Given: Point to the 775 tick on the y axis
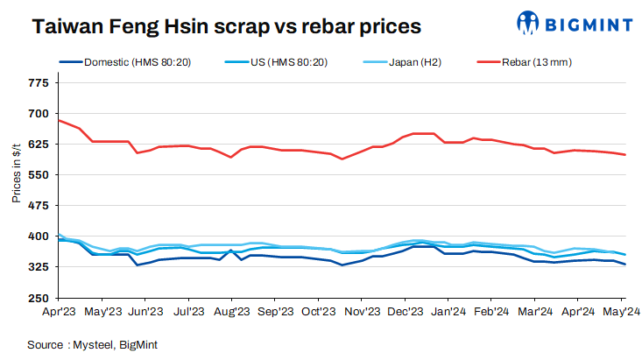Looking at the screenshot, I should pyautogui.click(x=39, y=83).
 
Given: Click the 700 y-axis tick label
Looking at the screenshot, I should pyautogui.click(x=39, y=114).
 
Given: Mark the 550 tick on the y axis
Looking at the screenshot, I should pyautogui.click(x=39, y=175).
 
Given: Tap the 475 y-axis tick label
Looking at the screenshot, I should pyautogui.click(x=39, y=206).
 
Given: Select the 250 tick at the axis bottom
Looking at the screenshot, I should pyautogui.click(x=39, y=297).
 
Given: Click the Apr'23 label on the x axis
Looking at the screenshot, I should pyautogui.click(x=59, y=310).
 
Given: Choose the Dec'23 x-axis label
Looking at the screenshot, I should pyautogui.click(x=406, y=310).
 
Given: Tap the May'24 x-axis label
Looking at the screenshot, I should pyautogui.click(x=622, y=310).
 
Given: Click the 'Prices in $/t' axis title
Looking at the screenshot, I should pyautogui.click(x=16, y=175).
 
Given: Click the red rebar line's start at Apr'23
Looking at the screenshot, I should pyautogui.click(x=59, y=120).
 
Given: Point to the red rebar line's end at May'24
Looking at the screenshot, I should pyautogui.click(x=624, y=155).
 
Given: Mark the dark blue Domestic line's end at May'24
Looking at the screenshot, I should pyautogui.click(x=624, y=265).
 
